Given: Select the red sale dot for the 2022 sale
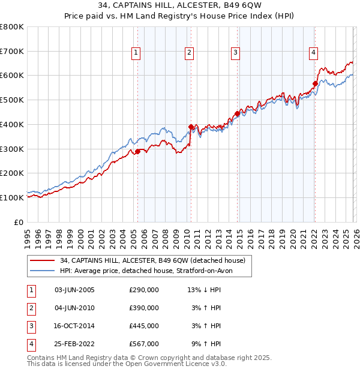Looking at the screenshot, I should pos(315,83).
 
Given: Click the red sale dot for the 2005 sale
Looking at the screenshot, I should pos(137,151).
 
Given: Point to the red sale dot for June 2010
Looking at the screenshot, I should pos(191,127).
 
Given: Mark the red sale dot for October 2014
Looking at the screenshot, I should pos(238,113).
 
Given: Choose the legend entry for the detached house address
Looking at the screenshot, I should pos(144,260).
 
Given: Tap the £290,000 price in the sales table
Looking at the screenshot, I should pos(144,290).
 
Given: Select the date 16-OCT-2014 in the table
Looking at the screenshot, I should pos(74,326).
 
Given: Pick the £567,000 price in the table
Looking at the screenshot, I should pos(144,344).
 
